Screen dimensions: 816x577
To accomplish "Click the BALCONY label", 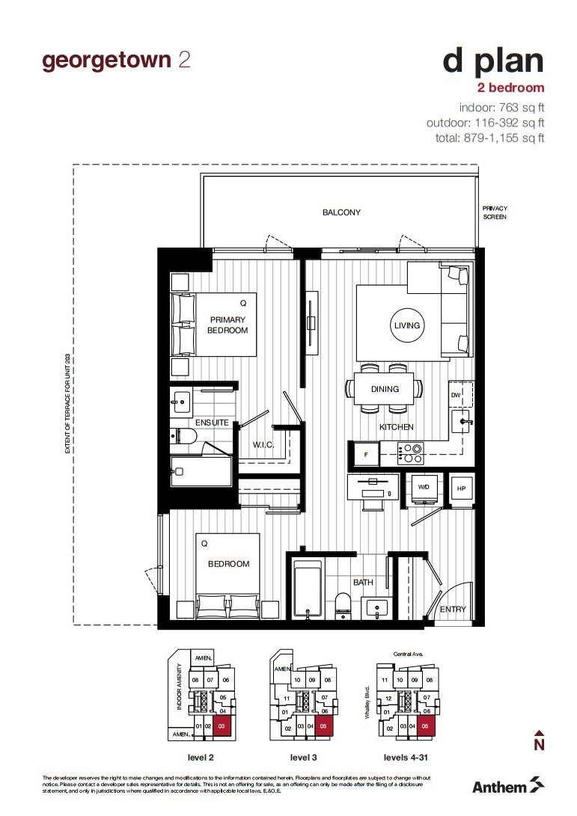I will coord(341,212).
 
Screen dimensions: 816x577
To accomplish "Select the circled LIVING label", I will coord(407,325).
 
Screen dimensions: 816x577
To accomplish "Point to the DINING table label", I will coord(385,389).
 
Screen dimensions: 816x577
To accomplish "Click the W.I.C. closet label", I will coord(263,445).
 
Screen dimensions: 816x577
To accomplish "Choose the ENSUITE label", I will coord(211,423).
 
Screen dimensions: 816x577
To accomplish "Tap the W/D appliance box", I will coord(423,487).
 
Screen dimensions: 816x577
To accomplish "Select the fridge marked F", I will coord(366,453).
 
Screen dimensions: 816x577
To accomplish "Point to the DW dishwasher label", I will coord(456,395).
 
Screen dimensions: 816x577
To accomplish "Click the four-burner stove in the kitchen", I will coord(411,452).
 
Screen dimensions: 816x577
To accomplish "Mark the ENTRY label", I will coord(452,610).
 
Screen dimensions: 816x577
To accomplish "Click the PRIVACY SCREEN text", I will coord(495,212).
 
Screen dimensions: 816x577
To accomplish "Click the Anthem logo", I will coord(508,785).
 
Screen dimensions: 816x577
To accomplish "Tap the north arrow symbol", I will coord(538,740).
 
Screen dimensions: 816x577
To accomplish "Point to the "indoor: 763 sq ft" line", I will coord(501,107).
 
